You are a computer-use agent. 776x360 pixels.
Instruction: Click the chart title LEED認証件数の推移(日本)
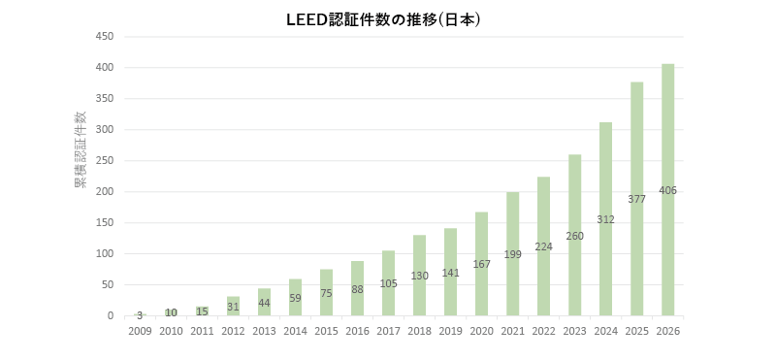384,19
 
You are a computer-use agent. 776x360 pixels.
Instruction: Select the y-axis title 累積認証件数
80,149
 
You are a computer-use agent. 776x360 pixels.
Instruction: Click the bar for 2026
667,189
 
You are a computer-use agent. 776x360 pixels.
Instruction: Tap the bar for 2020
481,264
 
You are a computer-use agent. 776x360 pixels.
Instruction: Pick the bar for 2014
296,298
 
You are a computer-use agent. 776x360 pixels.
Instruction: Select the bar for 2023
574,235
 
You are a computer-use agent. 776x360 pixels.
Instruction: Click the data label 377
636,199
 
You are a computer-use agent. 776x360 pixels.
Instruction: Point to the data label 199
513,254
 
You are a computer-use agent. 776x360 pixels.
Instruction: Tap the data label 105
389,283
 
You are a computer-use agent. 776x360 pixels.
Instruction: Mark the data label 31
233,307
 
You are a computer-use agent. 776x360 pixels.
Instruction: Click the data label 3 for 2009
140,315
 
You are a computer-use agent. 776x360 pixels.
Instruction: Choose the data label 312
605,219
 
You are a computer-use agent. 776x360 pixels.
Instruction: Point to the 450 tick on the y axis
106,37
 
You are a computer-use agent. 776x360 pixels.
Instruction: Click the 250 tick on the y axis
106,161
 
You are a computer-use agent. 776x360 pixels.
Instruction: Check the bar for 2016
357,289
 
